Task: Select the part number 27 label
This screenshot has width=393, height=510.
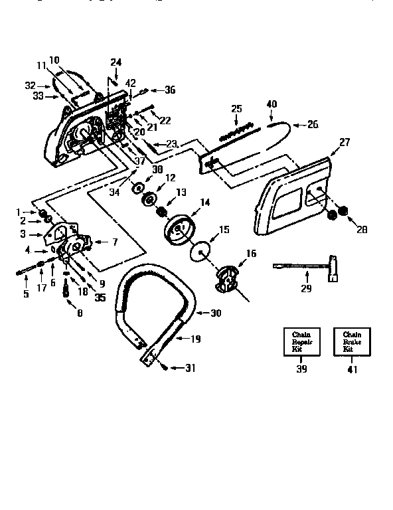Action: coord(344,141)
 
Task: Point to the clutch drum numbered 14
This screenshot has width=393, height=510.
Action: coord(177,228)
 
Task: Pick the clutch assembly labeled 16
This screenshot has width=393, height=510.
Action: coord(226,278)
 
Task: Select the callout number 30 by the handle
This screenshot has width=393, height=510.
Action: coord(216,313)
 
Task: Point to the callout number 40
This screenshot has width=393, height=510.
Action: coord(271,104)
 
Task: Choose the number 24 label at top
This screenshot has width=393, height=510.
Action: coord(116,62)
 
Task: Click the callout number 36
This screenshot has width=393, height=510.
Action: coord(170,90)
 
